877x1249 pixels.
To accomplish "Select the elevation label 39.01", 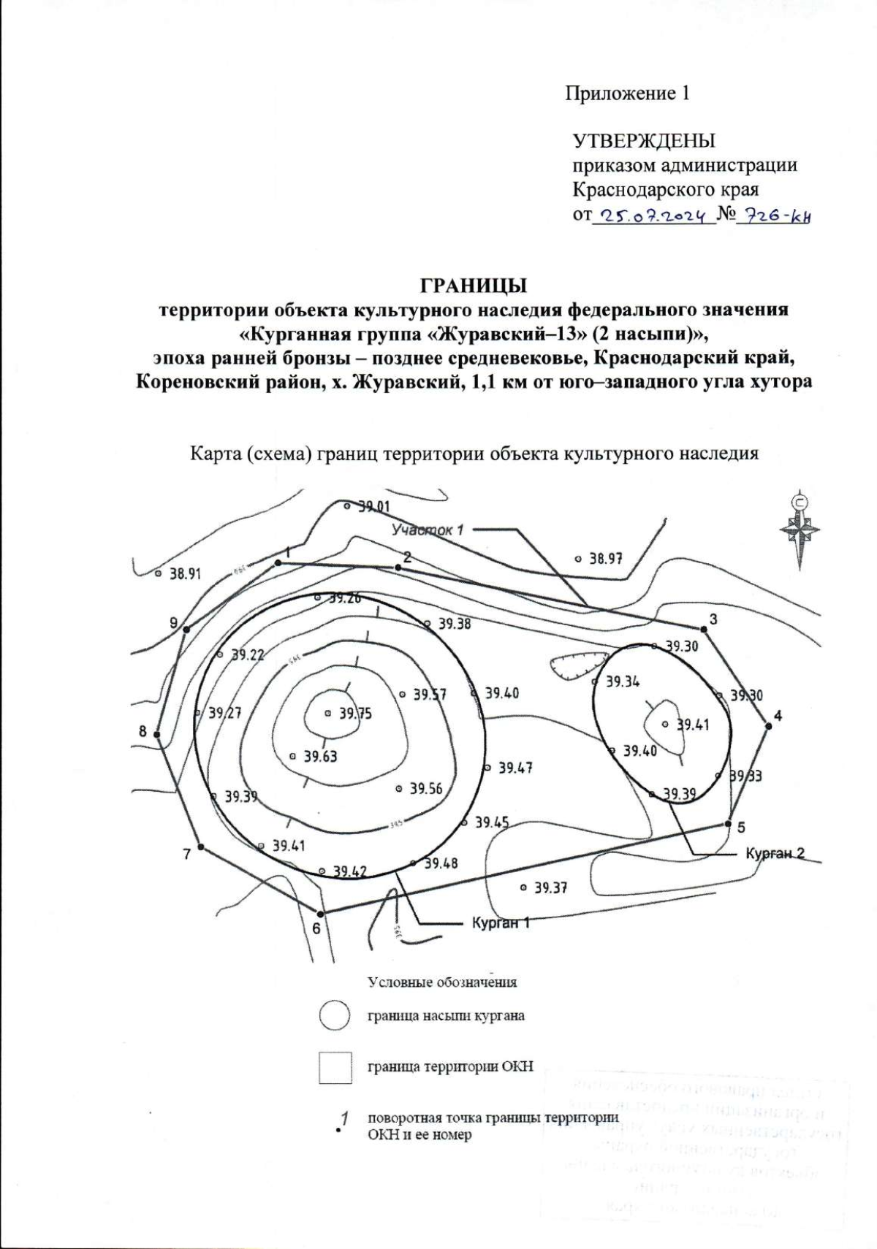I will click(373, 506).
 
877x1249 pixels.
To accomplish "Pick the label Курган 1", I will click(500, 923).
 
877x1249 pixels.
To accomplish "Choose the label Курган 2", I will click(775, 853).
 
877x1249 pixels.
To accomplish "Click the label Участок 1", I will click(428, 530).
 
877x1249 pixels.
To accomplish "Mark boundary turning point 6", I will click(320, 913).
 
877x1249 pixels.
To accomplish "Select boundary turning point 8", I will click(157, 733).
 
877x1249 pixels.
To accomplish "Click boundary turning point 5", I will click(728, 824).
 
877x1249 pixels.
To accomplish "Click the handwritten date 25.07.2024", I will click(652, 216).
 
